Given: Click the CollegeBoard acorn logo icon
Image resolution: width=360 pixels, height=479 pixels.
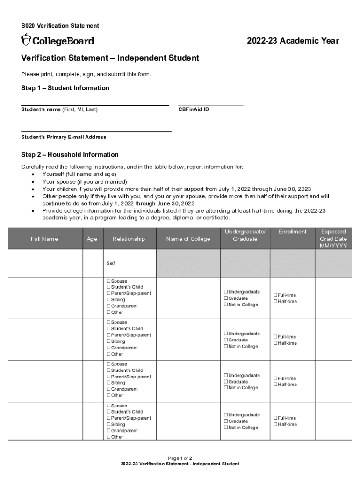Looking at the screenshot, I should point(26,40).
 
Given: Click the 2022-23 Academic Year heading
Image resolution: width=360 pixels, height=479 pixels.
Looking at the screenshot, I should point(293,41).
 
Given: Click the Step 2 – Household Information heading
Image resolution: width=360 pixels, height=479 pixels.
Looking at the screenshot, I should point(70,155).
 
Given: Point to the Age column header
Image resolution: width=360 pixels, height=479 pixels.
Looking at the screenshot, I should point(92,239).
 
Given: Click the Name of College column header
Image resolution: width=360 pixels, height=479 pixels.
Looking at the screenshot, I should point(188,239).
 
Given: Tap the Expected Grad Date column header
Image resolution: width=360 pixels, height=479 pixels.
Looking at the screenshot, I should point(333,239).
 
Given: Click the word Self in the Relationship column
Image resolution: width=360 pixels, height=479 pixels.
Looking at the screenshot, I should point(111,263).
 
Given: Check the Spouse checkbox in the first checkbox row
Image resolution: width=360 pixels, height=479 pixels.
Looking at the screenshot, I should point(108,281).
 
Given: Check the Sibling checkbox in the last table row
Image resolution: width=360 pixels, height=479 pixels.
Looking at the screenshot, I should point(108,424).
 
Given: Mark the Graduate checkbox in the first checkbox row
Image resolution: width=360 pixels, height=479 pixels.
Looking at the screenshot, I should point(226,298).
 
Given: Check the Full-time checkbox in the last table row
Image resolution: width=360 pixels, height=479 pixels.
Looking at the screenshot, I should point(275,418).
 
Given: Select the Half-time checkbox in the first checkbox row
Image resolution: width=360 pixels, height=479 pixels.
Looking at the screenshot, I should point(275,301).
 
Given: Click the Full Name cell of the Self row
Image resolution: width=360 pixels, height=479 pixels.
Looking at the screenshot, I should point(45,263).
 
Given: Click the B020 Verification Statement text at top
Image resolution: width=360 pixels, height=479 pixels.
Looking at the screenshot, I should point(60,26).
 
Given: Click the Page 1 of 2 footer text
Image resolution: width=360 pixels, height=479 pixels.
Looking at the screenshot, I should point(180,458).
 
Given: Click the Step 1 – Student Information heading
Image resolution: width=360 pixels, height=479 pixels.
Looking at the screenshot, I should point(65,88).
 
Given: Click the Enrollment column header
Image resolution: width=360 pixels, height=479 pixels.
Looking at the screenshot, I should point(292,232).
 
